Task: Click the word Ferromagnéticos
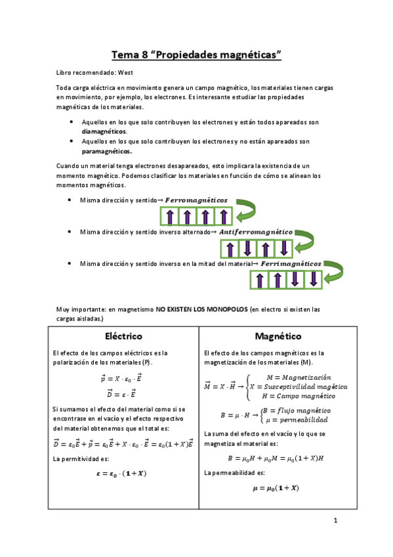pyautogui.click(x=196, y=200)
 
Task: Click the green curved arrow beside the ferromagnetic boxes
pyautogui.click(x=248, y=210)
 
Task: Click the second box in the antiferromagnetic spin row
pyautogui.click(x=247, y=248)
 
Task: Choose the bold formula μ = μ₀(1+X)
pyautogui.click(x=276, y=487)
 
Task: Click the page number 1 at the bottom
pyautogui.click(x=335, y=521)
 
